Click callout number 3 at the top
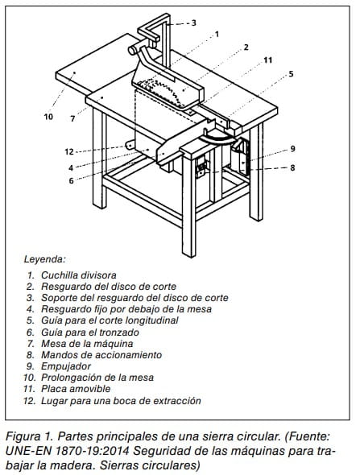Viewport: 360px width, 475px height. [193, 23]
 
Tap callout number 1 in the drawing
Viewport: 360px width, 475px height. [217, 35]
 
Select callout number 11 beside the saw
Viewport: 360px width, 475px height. [267, 60]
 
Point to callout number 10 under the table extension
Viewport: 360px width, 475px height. [48, 117]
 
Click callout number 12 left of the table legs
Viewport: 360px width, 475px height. [69, 151]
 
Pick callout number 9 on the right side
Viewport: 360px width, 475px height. [292, 149]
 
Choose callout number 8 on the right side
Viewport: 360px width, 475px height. [292, 167]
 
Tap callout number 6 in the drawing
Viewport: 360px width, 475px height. [71, 181]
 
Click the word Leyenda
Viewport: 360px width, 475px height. [45, 259]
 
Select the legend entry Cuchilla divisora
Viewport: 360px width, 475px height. [79, 275]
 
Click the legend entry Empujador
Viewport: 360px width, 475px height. [66, 366]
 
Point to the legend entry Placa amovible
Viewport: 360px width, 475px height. [76, 389]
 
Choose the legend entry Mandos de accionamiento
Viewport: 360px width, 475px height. [101, 355]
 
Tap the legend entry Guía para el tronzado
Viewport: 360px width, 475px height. [90, 332]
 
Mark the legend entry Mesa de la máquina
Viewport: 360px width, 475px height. [87, 344]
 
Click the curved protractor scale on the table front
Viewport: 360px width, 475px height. [217, 138]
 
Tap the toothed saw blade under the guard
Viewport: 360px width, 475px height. [160, 91]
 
